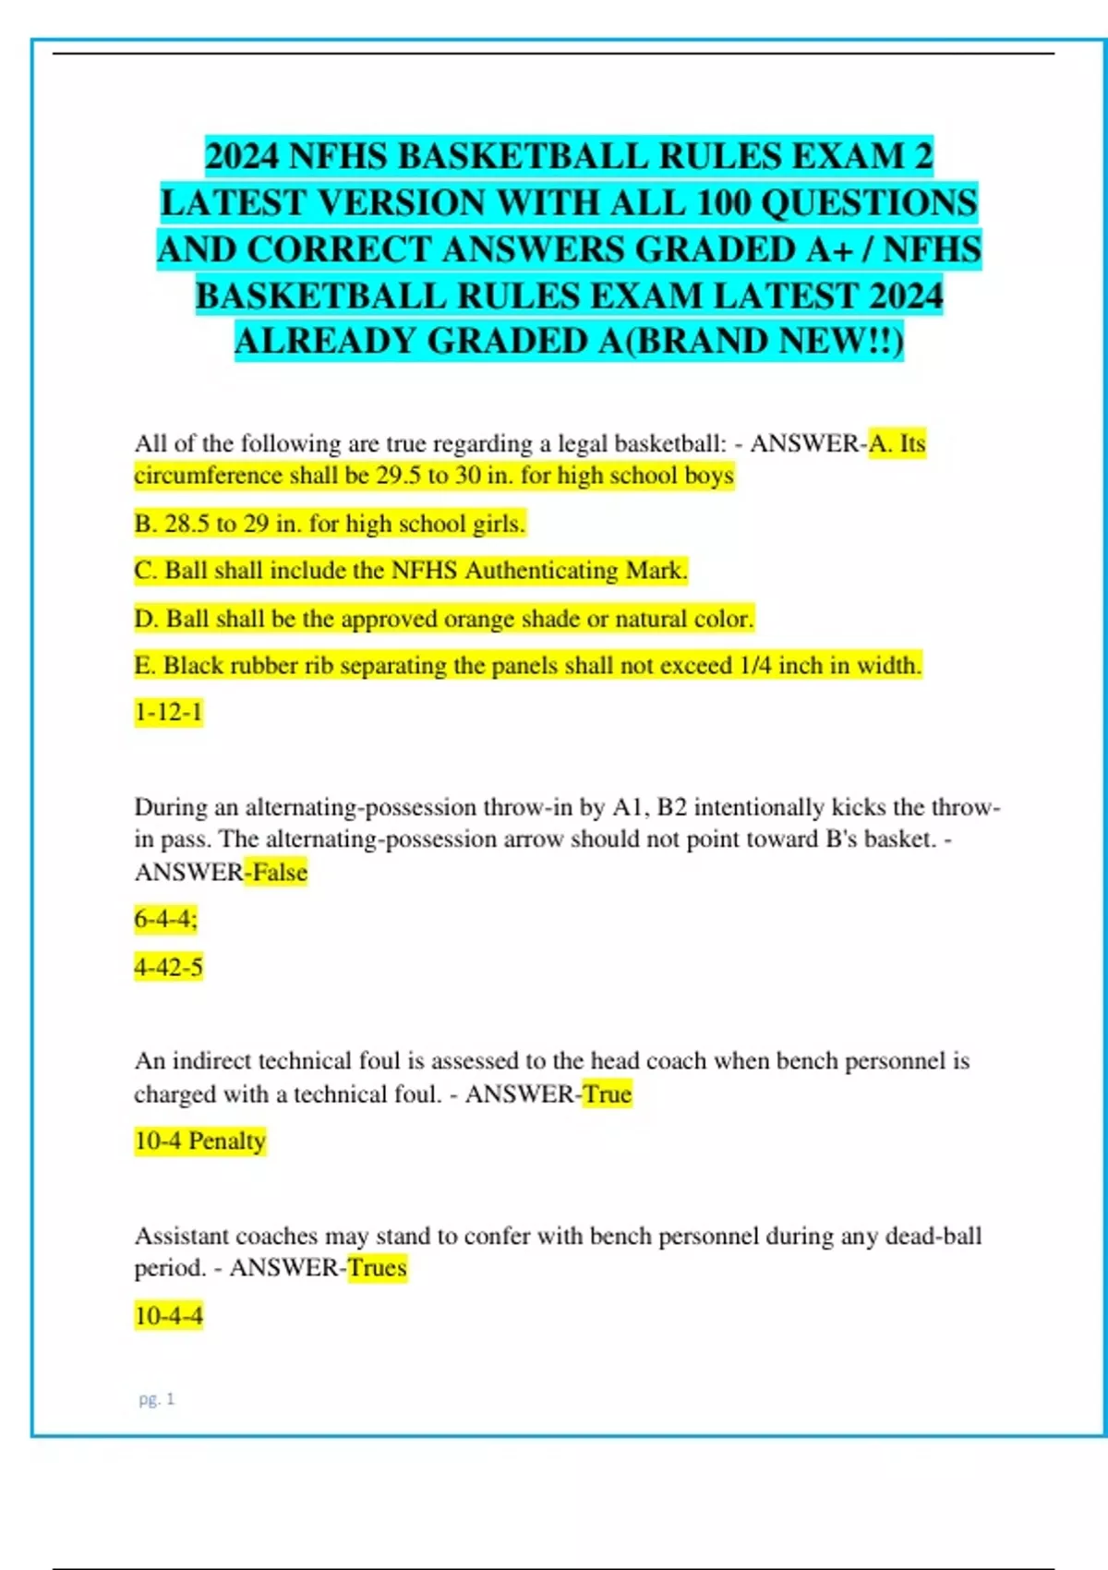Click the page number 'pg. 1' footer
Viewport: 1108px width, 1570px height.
tap(156, 1399)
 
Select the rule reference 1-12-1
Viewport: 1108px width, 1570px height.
tap(168, 712)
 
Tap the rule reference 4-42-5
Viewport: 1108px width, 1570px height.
tap(168, 967)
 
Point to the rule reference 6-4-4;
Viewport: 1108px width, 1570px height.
tap(166, 919)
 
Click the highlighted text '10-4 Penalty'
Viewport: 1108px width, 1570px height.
tap(199, 1141)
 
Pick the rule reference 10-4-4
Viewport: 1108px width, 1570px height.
tap(168, 1315)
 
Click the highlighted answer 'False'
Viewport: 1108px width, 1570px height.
tap(280, 872)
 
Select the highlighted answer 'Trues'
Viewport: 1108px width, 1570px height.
tap(377, 1267)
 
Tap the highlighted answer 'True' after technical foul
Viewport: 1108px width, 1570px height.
tap(607, 1093)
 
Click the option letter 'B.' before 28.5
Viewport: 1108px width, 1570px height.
tap(146, 524)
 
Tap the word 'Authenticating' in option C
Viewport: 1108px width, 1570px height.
tap(541, 571)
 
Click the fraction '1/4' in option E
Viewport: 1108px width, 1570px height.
tap(755, 665)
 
